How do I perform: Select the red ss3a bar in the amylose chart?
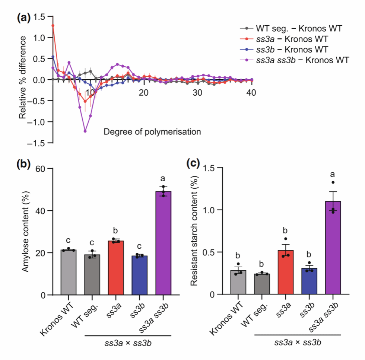(116, 268)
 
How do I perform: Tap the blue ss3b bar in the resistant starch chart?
(309, 281)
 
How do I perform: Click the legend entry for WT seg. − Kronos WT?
(298, 28)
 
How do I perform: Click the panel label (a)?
(25, 17)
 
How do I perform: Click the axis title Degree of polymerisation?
(153, 131)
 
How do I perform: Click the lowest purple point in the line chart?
(85, 131)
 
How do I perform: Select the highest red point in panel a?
(53, 26)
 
